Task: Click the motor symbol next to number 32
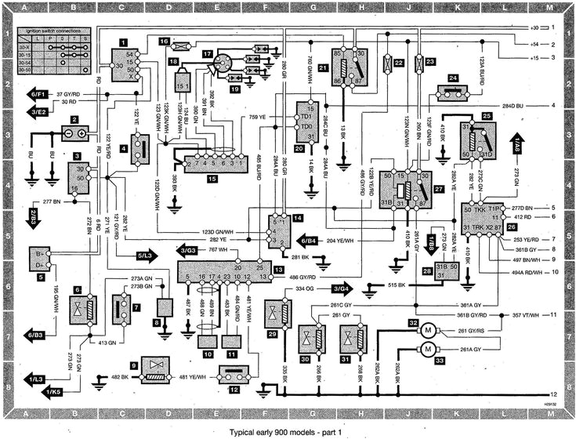[x=428, y=329]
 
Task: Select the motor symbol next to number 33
[x=428, y=350]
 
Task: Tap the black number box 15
[x=213, y=179]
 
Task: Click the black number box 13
[x=278, y=269]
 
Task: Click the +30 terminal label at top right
[x=534, y=27]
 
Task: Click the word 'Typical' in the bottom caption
[x=245, y=431]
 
